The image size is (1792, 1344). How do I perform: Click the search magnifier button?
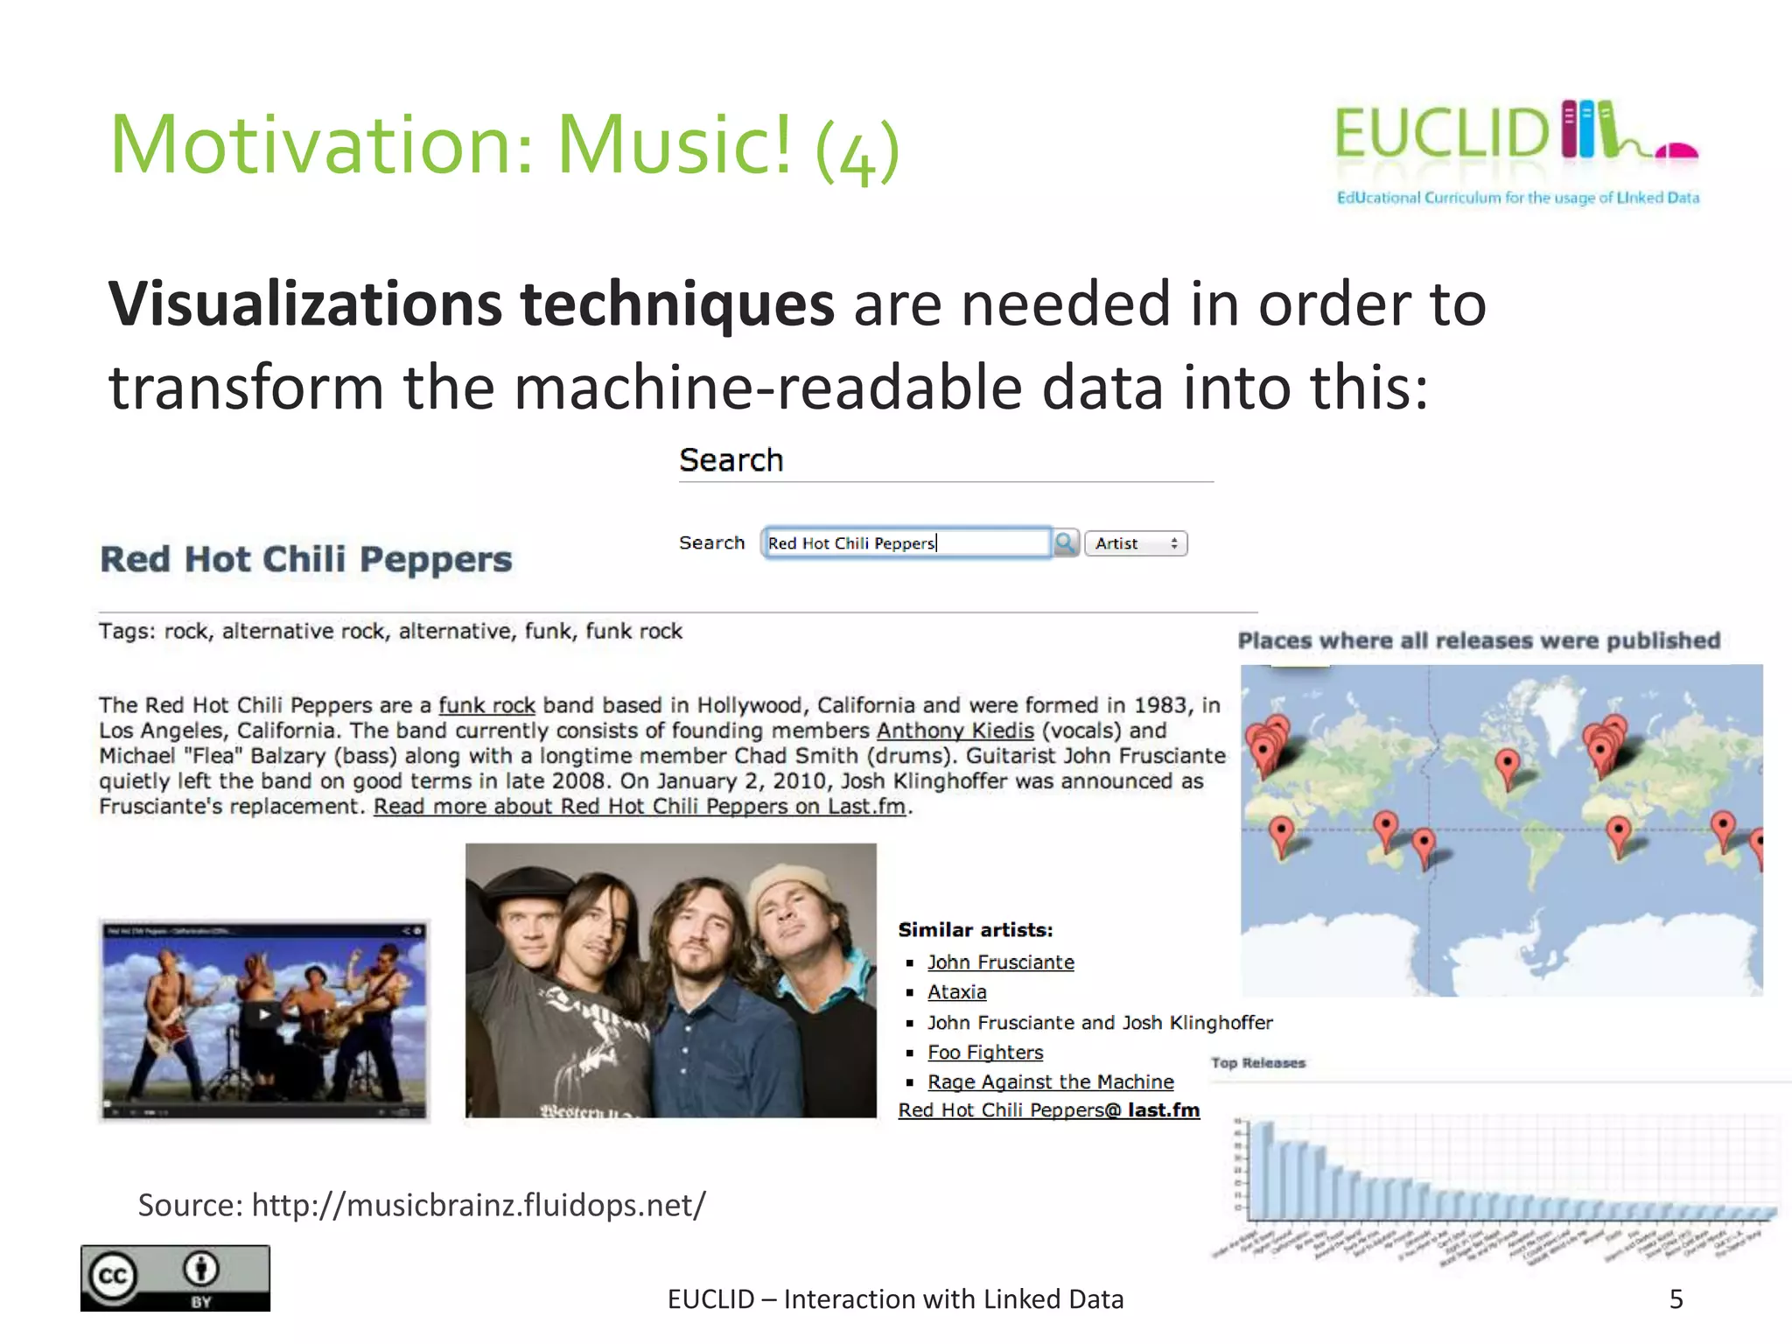1065,543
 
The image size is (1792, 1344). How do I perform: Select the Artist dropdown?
1135,543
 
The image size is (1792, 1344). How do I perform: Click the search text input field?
906,543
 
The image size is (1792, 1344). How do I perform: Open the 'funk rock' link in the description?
486,705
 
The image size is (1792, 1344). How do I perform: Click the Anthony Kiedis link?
955,731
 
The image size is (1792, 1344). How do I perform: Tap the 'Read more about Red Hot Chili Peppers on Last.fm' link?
640,807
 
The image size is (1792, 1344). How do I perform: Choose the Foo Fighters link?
985,1053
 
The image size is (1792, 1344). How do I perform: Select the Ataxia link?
956,992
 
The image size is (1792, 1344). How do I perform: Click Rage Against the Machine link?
1050,1082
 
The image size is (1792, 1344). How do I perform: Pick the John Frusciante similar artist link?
1000,962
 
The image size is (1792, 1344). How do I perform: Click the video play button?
264,1015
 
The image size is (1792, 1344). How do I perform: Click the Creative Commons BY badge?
175,1277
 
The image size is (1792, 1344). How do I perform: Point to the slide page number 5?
1676,1299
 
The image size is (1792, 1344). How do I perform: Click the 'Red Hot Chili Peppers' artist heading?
306,559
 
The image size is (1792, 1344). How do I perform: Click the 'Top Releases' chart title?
1258,1063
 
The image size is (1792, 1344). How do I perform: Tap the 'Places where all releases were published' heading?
1479,640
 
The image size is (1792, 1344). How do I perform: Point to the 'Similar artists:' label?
976,930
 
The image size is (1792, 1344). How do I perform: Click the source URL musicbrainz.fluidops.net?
478,1206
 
